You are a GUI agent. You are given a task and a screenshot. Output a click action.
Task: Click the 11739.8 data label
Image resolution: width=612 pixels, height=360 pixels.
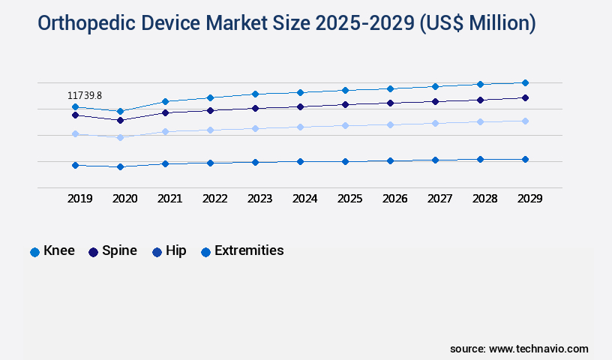[x=85, y=95]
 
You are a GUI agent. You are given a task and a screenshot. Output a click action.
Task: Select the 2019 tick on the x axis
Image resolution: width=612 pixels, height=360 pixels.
[x=79, y=199]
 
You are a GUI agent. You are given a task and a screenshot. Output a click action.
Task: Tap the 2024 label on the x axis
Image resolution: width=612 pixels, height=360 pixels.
[x=304, y=199]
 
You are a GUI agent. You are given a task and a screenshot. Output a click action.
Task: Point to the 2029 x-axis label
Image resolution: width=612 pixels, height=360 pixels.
[x=529, y=199]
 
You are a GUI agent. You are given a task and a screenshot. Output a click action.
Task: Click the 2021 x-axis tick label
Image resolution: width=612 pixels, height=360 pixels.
[x=169, y=199]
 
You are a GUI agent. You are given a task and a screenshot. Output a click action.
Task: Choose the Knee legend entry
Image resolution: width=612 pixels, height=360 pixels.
[x=52, y=251]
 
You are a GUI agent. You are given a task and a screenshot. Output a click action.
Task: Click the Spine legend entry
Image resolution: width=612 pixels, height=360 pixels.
[x=112, y=251]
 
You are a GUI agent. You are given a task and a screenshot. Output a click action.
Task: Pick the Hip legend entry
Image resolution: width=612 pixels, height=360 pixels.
[x=169, y=251]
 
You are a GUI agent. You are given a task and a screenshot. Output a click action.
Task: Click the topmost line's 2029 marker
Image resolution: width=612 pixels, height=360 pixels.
[x=525, y=82]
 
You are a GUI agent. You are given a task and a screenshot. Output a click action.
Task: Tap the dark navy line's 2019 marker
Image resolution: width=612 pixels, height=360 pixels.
[x=75, y=115]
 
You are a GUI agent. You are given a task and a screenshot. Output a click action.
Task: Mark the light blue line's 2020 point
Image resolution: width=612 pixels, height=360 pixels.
[x=120, y=137]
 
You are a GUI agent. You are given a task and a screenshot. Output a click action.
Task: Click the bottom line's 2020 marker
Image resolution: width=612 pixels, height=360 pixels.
[x=120, y=166]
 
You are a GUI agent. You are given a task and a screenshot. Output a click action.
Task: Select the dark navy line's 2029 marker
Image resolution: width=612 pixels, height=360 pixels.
[x=525, y=97]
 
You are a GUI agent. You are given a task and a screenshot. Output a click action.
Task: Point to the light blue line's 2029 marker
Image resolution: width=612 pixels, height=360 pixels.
[x=525, y=121]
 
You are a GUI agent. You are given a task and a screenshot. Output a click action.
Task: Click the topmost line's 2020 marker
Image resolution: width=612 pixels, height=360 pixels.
[x=120, y=111]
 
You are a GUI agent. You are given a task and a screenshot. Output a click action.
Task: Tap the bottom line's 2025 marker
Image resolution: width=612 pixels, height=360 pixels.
[x=345, y=161]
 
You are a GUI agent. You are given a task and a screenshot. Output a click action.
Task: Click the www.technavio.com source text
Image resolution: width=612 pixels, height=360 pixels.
[x=538, y=349]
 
